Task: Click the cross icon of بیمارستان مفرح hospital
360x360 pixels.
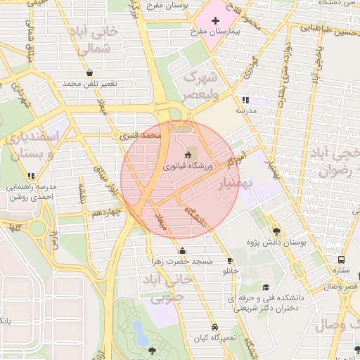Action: [x=214, y=21]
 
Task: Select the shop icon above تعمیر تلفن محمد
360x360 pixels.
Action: [x=89, y=72]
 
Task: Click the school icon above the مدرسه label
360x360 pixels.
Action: [x=245, y=101]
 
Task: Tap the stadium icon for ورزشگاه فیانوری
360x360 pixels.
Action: [x=188, y=155]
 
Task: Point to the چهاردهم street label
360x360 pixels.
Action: [x=107, y=212]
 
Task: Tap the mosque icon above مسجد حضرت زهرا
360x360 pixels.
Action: [x=183, y=250]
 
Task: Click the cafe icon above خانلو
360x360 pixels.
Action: [x=230, y=260]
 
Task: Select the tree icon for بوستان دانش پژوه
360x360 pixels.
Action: [x=276, y=231]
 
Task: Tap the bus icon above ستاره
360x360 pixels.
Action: [x=341, y=258]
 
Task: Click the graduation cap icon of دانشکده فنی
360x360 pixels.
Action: [x=266, y=287]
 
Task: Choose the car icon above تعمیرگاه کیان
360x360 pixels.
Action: [x=214, y=327]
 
